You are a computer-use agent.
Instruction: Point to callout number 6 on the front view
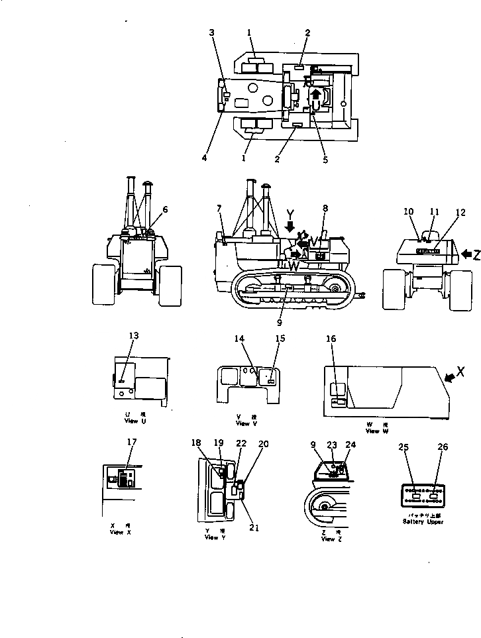pyautogui.click(x=165, y=209)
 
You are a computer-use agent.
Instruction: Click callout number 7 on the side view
pyautogui.click(x=219, y=209)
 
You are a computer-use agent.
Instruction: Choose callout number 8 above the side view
pyautogui.click(x=325, y=208)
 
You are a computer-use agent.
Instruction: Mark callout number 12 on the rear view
pyautogui.click(x=460, y=213)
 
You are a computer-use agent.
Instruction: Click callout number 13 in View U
pyautogui.click(x=134, y=335)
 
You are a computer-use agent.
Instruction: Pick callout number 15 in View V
pyautogui.click(x=280, y=339)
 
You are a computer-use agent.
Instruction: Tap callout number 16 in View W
pyautogui.click(x=331, y=339)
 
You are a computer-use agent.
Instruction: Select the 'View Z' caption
pyautogui.click(x=327, y=539)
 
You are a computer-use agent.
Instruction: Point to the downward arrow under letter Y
pyautogui.click(x=290, y=227)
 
